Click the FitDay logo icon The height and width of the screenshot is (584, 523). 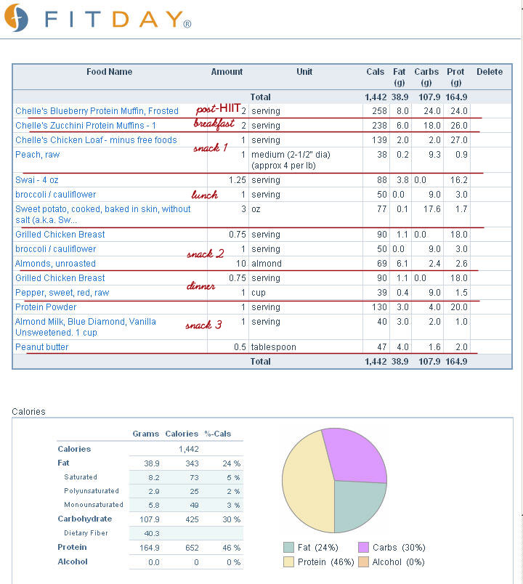point(16,17)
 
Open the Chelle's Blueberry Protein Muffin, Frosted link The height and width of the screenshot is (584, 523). point(97,111)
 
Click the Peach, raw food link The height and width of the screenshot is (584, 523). point(37,155)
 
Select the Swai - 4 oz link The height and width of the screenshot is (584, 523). point(37,180)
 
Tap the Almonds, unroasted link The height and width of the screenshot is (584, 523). point(55,264)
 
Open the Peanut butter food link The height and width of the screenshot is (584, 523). point(41,347)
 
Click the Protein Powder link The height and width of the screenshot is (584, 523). point(46,307)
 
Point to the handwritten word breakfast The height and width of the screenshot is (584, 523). point(214,123)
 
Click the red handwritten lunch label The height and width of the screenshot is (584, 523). point(205,195)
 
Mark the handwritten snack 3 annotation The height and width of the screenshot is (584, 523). point(204,325)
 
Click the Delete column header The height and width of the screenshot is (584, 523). point(490,72)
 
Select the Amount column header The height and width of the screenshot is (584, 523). point(227,72)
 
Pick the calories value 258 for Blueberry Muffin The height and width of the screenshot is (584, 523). point(380,111)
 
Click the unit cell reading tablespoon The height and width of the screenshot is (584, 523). point(273,347)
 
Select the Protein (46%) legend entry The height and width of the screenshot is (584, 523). point(319,562)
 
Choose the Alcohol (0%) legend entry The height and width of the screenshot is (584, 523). point(392,562)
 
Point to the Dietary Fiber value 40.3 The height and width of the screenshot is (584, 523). point(152,533)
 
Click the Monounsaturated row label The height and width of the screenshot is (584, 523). point(94,505)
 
